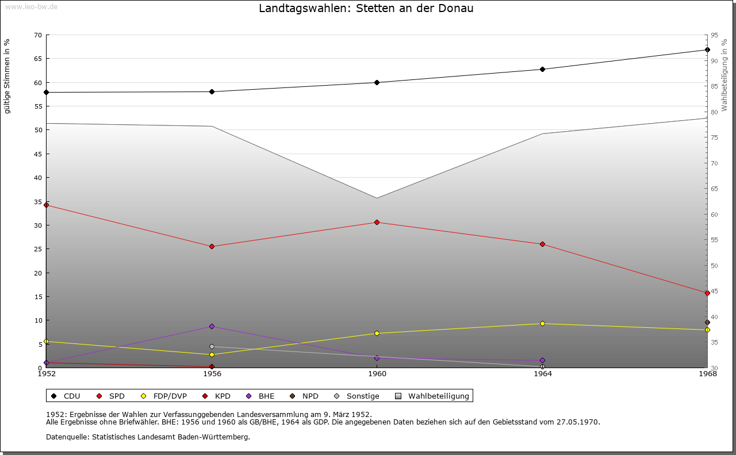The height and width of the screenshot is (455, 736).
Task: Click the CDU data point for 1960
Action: point(377,82)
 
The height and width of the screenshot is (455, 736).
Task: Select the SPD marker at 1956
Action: point(212,246)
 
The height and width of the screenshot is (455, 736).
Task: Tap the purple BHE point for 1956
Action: point(212,326)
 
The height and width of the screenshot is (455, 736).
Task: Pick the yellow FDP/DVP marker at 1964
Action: point(542,323)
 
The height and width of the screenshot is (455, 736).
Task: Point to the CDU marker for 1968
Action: point(707,49)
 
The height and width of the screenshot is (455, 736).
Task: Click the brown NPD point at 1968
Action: point(707,322)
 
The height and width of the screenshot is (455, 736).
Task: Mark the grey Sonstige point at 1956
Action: point(212,346)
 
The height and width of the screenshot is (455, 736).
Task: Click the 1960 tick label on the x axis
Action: point(377,374)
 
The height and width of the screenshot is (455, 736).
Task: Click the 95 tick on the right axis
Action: point(714,35)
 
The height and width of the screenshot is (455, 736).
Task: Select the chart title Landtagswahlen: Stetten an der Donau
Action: point(366,8)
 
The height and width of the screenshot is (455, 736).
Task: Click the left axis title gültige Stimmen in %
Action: point(7,76)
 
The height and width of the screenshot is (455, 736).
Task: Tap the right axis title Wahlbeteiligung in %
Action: point(724,75)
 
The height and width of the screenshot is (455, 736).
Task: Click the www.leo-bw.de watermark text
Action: point(31,6)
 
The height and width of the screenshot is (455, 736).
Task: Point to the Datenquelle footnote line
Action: point(148,437)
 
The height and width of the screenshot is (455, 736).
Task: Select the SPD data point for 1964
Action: point(542,244)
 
